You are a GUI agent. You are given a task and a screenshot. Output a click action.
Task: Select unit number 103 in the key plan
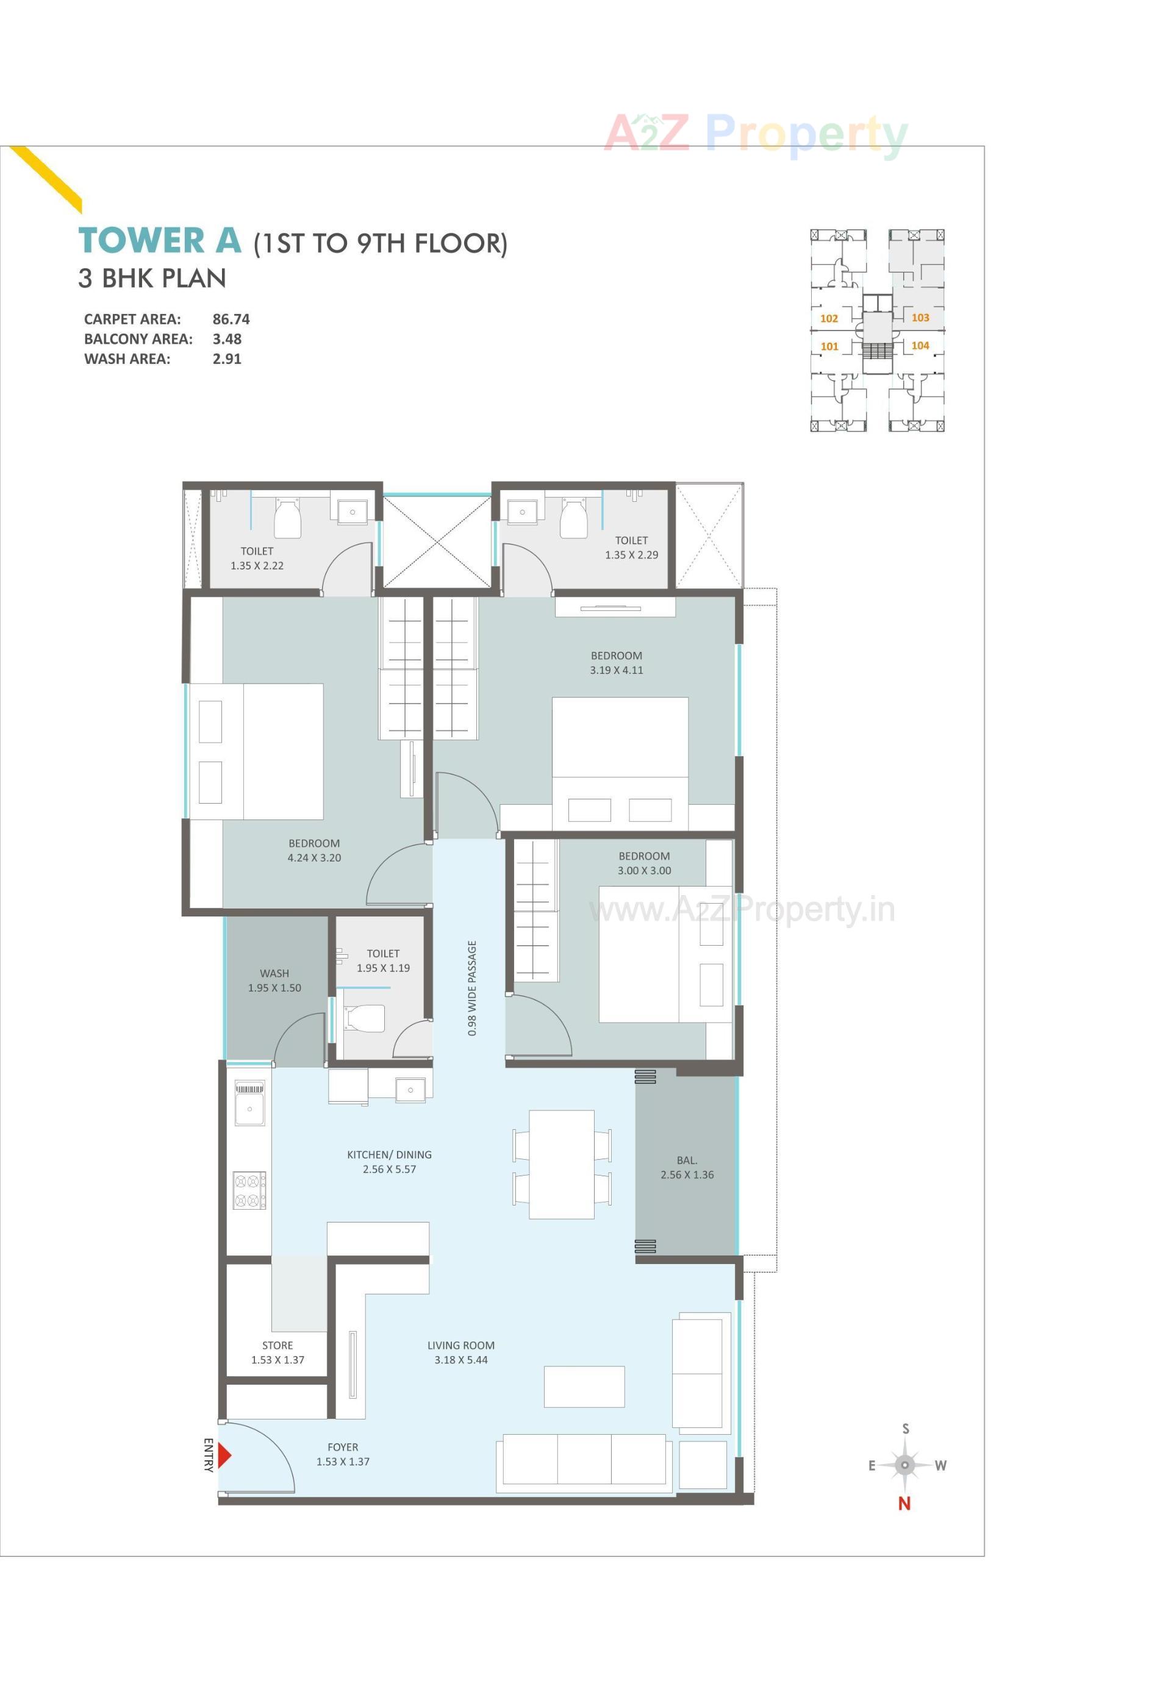pyautogui.click(x=920, y=318)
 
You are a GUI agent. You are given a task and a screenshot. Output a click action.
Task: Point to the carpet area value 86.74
pyautogui.click(x=231, y=319)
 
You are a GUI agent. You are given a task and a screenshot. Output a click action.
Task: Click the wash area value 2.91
pyautogui.click(x=227, y=359)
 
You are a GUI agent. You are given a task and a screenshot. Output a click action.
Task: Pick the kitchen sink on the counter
pyautogui.click(x=249, y=1107)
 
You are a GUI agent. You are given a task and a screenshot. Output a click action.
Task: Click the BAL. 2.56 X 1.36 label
pyautogui.click(x=687, y=1168)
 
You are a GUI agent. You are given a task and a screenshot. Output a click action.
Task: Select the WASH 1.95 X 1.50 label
pyautogui.click(x=274, y=980)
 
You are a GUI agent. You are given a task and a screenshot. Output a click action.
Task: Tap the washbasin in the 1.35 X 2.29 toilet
pyautogui.click(x=521, y=512)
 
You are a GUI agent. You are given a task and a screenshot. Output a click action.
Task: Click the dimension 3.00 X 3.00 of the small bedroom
pyautogui.click(x=644, y=871)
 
